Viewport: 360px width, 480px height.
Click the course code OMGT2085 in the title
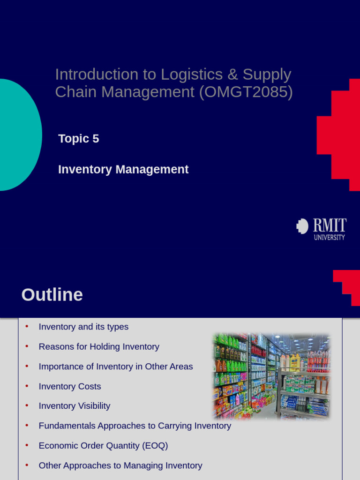(x=246, y=92)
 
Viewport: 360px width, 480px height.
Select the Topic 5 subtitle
(x=78, y=139)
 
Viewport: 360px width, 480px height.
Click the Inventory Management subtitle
(x=123, y=170)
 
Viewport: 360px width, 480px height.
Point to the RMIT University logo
(x=322, y=229)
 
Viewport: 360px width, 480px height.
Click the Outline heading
(x=52, y=295)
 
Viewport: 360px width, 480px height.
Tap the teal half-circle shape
(x=19, y=135)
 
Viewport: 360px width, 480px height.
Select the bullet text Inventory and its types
(x=83, y=327)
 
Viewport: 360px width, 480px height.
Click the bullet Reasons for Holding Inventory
(x=99, y=347)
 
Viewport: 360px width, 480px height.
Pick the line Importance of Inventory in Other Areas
(x=116, y=367)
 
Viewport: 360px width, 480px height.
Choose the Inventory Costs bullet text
(x=70, y=387)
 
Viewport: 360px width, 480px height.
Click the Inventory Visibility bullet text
(x=75, y=406)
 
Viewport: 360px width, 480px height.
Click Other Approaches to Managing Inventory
(x=120, y=465)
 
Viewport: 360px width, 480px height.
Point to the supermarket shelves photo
(x=272, y=376)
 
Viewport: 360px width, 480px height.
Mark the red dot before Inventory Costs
(x=27, y=385)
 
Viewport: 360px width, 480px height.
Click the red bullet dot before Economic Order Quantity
(x=27, y=445)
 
